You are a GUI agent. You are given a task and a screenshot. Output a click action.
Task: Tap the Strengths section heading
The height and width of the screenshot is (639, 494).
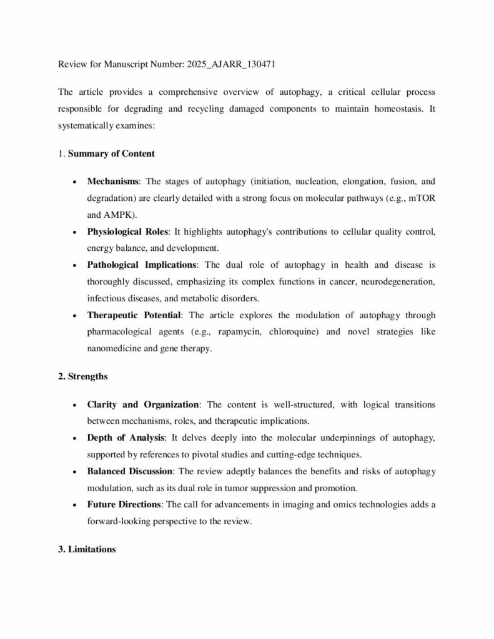tap(83, 376)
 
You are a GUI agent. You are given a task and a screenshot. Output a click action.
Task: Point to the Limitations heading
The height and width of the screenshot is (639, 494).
tap(86, 550)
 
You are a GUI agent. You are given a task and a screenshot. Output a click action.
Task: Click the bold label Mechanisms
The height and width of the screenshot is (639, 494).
tap(113, 182)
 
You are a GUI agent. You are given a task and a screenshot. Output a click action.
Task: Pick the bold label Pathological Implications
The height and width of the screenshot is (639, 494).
tap(142, 265)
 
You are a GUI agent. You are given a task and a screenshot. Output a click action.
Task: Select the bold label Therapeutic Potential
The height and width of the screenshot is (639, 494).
tap(134, 315)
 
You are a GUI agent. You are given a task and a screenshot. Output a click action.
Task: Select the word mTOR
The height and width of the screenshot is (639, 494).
tap(422, 198)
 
